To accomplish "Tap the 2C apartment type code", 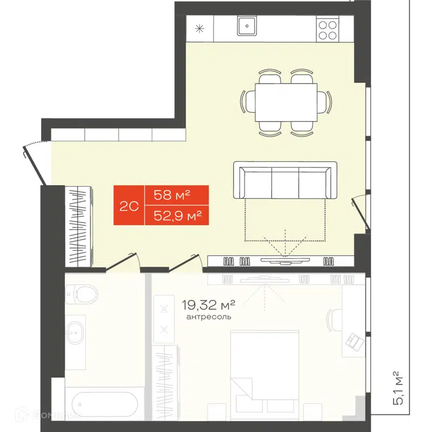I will pyautogui.click(x=129, y=206).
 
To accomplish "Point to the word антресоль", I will pyautogui.click(x=208, y=317).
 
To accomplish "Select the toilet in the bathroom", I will pyautogui.click(x=83, y=294).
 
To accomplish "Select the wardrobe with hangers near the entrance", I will pyautogui.click(x=78, y=225).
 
